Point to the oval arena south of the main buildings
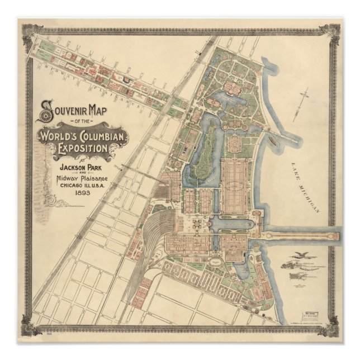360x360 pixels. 215,261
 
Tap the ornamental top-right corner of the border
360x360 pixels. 334,30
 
